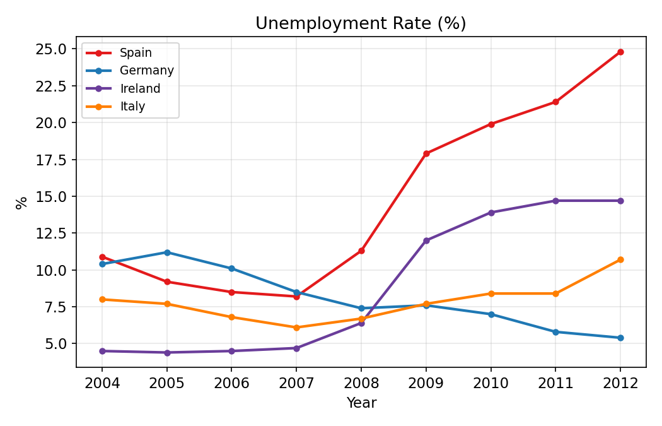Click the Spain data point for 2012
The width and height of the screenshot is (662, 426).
(x=620, y=52)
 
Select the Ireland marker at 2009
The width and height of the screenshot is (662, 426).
(x=426, y=240)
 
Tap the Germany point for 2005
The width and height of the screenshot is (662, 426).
(x=167, y=252)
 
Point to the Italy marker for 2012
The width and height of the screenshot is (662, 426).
(x=620, y=259)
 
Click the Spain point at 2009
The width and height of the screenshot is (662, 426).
(x=426, y=153)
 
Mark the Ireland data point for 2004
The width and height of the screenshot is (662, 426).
(x=102, y=351)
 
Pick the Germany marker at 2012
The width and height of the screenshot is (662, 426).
(x=620, y=338)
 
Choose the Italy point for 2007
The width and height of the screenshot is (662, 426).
(x=296, y=328)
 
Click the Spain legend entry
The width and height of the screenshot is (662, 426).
(x=136, y=53)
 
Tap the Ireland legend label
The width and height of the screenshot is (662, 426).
(x=140, y=89)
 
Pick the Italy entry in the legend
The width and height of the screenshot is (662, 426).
(x=132, y=107)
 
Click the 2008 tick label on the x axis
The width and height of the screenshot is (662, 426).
(x=361, y=383)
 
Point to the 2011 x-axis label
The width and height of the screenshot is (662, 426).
(x=555, y=383)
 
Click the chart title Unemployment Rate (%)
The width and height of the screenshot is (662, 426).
(x=361, y=24)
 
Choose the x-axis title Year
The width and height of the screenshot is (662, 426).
(x=361, y=403)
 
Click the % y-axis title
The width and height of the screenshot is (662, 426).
(x=22, y=202)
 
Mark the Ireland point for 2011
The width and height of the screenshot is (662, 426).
(x=555, y=201)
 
